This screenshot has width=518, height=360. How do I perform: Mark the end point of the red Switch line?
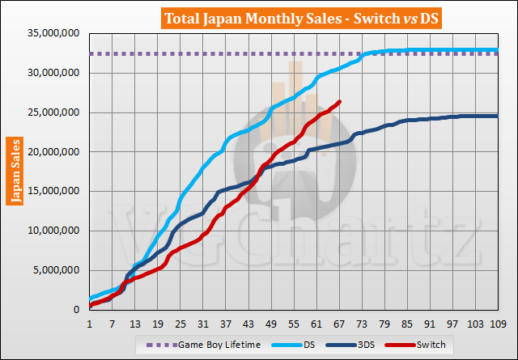(339, 102)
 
